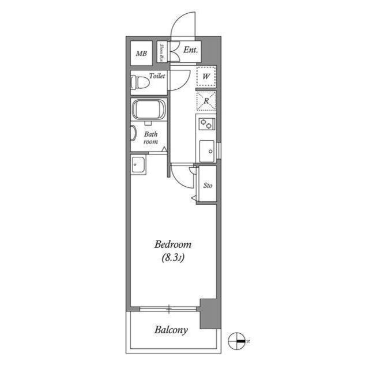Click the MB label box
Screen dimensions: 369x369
141,54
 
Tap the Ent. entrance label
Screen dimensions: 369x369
191,50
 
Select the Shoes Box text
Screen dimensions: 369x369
163,52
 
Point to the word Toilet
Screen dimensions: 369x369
157,76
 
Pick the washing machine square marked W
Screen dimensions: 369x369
206,76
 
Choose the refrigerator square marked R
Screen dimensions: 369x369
206,100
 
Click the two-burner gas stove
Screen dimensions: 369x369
206,122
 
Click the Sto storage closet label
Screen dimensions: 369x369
208,186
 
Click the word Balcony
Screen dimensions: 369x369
171,330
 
